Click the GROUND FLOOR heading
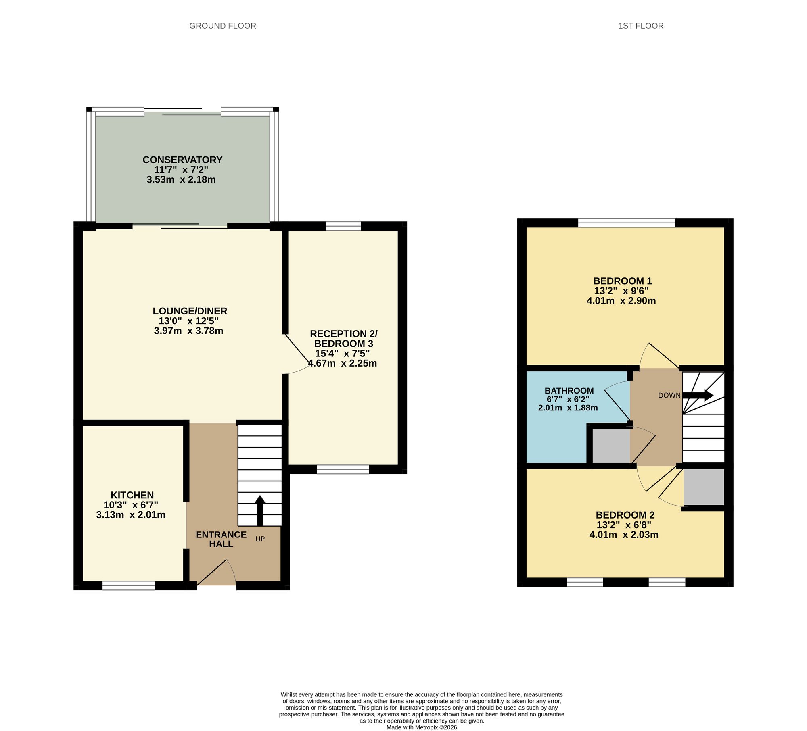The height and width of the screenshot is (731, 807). (223, 26)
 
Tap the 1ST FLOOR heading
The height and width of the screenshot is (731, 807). (641, 26)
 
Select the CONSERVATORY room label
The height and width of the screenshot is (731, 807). (182, 160)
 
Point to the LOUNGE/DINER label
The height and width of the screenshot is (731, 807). (190, 311)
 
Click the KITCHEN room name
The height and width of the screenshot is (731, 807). (132, 495)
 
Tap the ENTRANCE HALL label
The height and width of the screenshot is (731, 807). (221, 539)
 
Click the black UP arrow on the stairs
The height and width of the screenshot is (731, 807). (260, 510)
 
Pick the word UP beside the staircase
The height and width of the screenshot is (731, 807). (260, 539)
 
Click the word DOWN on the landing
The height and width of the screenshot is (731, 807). (669, 396)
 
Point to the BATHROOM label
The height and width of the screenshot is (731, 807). (569, 391)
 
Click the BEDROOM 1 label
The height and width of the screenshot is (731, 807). (623, 281)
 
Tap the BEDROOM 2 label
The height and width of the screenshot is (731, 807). (625, 515)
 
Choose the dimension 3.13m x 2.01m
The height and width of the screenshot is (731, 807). (131, 515)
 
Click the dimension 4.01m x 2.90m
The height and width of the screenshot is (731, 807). (621, 301)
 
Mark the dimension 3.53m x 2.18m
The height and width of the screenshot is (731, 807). (181, 180)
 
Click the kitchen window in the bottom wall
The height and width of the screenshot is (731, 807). (128, 585)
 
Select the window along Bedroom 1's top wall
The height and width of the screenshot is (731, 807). (627, 223)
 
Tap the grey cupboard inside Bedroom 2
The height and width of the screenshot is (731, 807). (704, 487)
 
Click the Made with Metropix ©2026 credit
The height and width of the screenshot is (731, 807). (422, 728)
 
